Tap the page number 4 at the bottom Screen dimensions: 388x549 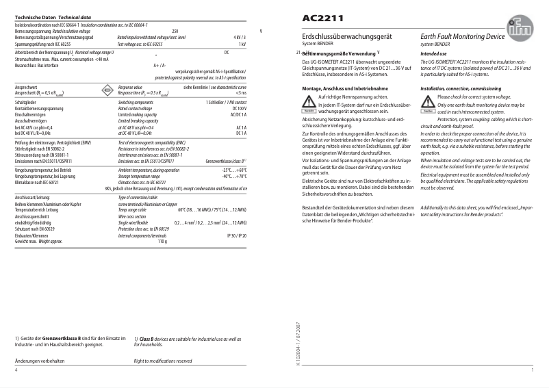[16, 370]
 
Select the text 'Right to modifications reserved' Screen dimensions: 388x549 [163, 360]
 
